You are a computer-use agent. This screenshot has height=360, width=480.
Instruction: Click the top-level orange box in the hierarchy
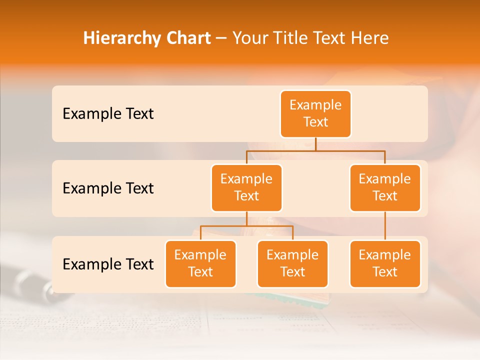pos(315,114)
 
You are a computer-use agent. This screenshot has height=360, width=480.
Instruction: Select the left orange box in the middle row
pos(246,188)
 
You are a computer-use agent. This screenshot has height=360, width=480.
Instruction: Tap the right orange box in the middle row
pos(385,188)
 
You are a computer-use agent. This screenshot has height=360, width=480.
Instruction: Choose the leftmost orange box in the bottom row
pos(200,264)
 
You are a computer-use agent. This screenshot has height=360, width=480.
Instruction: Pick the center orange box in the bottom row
pos(292,264)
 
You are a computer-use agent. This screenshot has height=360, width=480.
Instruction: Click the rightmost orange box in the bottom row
pos(385,264)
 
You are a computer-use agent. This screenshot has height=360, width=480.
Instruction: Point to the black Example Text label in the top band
pos(108,114)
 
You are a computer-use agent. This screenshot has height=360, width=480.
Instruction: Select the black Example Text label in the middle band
pos(108,188)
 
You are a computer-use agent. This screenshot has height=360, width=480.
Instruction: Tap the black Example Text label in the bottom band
pos(108,264)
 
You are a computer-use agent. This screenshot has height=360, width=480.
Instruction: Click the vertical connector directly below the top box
pos(315,144)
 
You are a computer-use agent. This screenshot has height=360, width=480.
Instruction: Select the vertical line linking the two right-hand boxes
pos(385,226)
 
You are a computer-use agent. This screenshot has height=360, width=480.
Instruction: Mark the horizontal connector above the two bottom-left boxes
pos(246,226)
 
